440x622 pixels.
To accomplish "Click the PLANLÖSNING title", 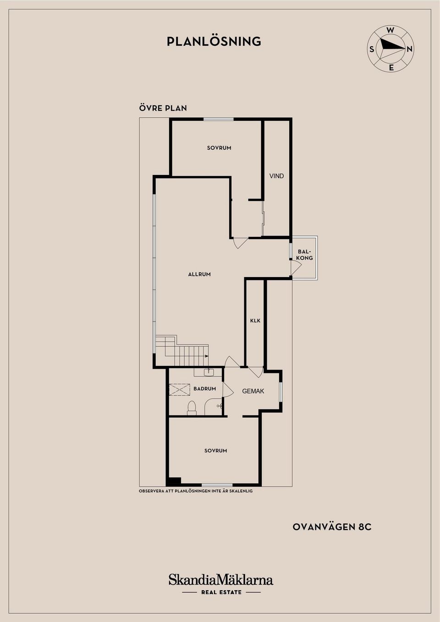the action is point(214,41).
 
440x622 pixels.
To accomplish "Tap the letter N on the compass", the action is point(409,49).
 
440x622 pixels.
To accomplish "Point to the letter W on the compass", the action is point(390,31).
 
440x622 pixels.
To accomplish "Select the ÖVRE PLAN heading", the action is point(163,108).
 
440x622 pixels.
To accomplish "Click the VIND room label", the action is point(277,176).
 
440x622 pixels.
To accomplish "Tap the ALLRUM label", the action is point(199,274).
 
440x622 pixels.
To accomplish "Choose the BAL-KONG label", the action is point(305,255).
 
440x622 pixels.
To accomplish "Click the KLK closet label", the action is point(255,321).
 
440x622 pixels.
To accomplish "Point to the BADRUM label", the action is point(205,389).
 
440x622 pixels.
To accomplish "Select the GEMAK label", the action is point(253,391).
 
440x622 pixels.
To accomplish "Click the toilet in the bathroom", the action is point(192,408).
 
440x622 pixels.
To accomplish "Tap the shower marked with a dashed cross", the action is point(179,389).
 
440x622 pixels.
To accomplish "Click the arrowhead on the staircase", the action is point(207,356).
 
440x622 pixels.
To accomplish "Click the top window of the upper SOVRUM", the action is point(218,120).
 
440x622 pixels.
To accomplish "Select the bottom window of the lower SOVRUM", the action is point(217,485).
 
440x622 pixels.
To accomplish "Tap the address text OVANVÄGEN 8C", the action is point(332,527).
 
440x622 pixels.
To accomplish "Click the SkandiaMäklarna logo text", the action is point(221,580).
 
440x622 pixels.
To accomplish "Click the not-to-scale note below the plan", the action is point(196,491).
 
